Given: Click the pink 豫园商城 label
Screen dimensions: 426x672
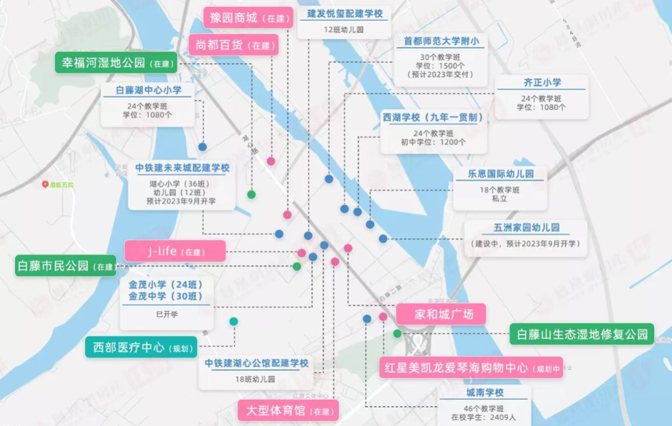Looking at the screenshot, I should (x=248, y=17).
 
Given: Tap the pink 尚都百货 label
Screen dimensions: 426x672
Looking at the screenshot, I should (x=233, y=45).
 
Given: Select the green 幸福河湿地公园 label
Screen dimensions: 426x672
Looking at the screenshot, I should (x=116, y=63).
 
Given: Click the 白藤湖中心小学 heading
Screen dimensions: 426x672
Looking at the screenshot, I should (x=149, y=90).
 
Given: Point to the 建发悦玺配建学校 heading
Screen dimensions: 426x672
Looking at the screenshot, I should (x=345, y=14).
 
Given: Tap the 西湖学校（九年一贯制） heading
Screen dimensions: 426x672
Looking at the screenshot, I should (x=433, y=117).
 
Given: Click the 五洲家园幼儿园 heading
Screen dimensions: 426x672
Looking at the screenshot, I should (x=525, y=227).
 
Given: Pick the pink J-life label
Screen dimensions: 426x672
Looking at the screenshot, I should (x=174, y=252).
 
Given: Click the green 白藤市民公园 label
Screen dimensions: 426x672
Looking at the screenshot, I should (x=65, y=266).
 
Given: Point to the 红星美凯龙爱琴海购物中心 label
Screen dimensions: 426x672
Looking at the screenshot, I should (x=470, y=367).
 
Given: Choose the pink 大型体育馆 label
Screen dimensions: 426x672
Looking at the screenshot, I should (x=287, y=410).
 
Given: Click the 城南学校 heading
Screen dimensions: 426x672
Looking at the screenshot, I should (x=484, y=393).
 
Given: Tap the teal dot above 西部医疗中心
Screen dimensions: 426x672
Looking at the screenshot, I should (x=233, y=321).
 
